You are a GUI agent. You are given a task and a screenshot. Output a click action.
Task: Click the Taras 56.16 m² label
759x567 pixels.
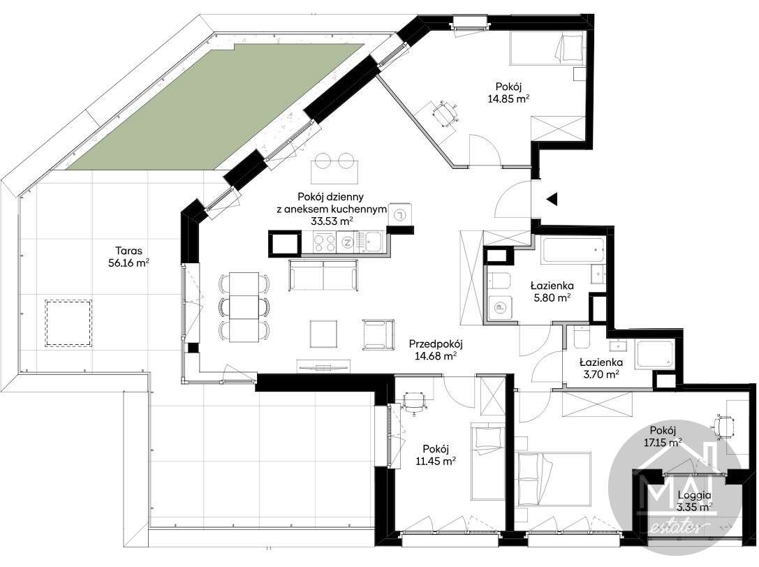[128, 257]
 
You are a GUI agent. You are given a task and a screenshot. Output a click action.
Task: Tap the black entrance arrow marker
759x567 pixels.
[552, 198]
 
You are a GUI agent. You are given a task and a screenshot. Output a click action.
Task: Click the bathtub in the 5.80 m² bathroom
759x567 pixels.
[573, 250]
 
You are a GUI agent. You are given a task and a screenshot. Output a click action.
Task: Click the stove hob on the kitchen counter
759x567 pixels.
[324, 242]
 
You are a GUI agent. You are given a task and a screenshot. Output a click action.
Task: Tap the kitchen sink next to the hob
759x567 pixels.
[374, 242]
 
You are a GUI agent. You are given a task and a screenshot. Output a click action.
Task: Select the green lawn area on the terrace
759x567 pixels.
[214, 107]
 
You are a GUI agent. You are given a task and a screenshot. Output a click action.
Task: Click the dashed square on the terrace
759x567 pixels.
[68, 323]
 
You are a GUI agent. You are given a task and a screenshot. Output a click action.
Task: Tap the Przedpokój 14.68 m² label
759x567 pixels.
[436, 350]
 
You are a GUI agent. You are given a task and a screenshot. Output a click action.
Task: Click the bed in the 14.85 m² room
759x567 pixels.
[547, 50]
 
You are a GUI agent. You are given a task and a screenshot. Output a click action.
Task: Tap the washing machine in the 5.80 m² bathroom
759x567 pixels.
[499, 307]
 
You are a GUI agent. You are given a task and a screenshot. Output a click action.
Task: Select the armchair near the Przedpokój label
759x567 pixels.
[378, 334]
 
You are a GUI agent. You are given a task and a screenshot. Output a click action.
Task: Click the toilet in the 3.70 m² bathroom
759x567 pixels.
[580, 337]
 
